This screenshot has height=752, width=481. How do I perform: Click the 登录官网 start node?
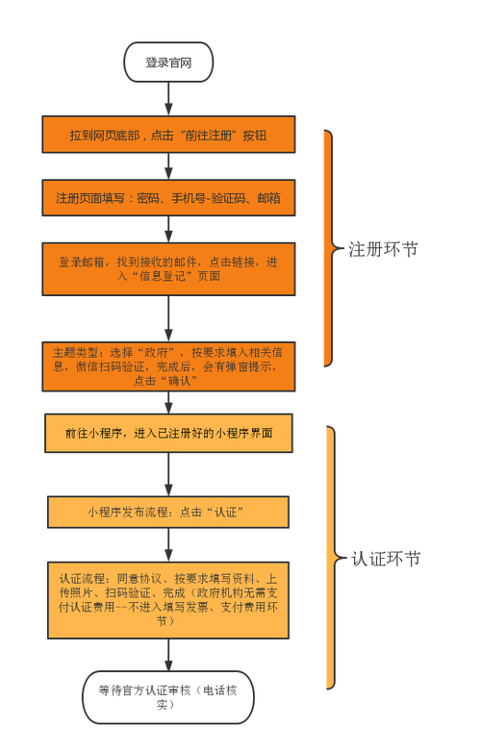tap(168, 63)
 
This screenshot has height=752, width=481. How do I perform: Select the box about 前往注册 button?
tap(168, 135)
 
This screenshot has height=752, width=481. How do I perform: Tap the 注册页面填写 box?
tap(168, 198)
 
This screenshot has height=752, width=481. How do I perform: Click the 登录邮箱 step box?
tap(168, 268)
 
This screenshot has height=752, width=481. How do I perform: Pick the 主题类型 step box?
tap(168, 366)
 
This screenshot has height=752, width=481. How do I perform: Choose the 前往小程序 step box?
tap(168, 434)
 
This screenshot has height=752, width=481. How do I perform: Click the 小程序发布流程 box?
tap(168, 512)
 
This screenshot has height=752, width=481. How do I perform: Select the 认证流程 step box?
tap(168, 600)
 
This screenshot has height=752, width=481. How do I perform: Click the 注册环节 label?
tap(382, 250)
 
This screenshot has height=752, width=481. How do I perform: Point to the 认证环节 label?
tap(384, 559)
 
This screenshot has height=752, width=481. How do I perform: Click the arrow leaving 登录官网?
tap(168, 98)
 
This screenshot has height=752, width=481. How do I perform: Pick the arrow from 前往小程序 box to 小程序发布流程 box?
tap(168, 474)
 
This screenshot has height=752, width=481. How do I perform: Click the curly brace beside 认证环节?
tap(332, 558)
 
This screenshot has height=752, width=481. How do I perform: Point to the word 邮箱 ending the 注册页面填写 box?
tap(268, 198)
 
